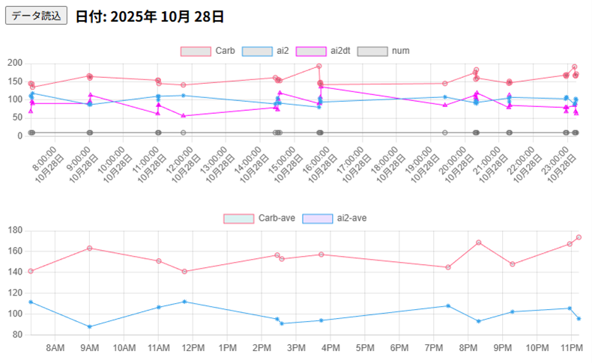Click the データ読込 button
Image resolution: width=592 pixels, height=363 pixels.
tap(36, 16)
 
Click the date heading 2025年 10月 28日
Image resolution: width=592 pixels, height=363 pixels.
tap(149, 16)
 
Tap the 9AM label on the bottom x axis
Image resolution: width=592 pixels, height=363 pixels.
tap(89, 348)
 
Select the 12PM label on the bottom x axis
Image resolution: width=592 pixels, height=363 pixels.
tap(193, 348)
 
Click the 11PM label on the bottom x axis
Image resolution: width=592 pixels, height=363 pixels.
tap(571, 348)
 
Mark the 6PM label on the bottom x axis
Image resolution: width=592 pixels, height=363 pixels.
tap(399, 348)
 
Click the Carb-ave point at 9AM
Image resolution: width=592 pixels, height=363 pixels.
tap(89, 248)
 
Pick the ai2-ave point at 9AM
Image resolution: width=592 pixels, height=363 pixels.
tap(89, 326)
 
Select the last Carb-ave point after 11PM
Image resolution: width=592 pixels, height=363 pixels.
tap(579, 237)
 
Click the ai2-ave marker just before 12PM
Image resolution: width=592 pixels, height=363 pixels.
tap(184, 302)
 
